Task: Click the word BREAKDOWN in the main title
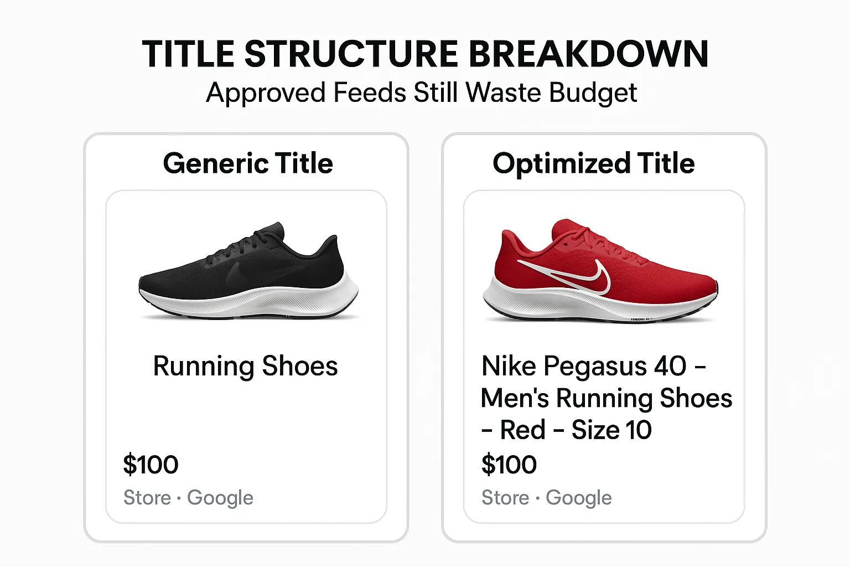[588, 54]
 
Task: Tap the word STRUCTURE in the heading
[351, 54]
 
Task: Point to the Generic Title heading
[248, 163]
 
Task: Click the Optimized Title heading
[593, 163]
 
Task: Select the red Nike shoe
[600, 271]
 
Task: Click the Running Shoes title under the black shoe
[245, 366]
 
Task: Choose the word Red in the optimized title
[522, 430]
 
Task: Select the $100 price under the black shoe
[151, 465]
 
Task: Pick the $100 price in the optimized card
[509, 465]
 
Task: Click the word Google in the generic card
[220, 498]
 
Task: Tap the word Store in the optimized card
[505, 498]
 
